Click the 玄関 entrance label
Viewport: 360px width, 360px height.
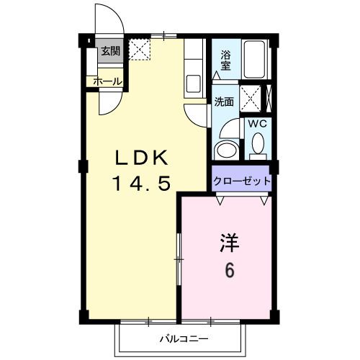(110, 51)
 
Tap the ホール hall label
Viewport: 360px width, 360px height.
(107, 82)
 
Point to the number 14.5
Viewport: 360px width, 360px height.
(141, 184)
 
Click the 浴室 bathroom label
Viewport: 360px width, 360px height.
(225, 59)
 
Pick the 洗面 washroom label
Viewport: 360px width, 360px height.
(224, 102)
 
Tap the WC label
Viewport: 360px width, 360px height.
(258, 124)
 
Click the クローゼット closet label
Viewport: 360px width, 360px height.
(241, 181)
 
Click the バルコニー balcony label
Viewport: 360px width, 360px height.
(184, 338)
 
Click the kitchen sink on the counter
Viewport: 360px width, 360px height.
(193, 81)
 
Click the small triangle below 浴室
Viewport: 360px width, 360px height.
(217, 75)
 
